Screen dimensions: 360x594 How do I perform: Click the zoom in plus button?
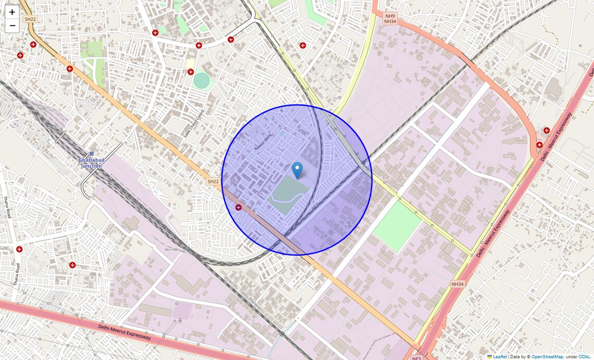(12, 12)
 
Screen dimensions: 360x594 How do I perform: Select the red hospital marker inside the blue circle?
(239, 207)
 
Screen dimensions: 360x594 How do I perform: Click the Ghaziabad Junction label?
(91, 163)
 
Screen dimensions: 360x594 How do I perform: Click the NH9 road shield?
(390, 16)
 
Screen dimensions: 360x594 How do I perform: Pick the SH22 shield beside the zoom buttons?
(30, 19)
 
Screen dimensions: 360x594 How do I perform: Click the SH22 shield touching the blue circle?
(213, 181)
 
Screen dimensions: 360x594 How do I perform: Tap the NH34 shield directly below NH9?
(390, 22)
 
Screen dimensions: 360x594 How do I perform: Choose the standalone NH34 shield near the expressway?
(457, 284)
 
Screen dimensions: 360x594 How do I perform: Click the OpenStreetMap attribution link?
(547, 357)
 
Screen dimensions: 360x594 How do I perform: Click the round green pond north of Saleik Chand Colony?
(201, 80)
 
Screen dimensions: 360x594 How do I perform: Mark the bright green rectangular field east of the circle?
(397, 226)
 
